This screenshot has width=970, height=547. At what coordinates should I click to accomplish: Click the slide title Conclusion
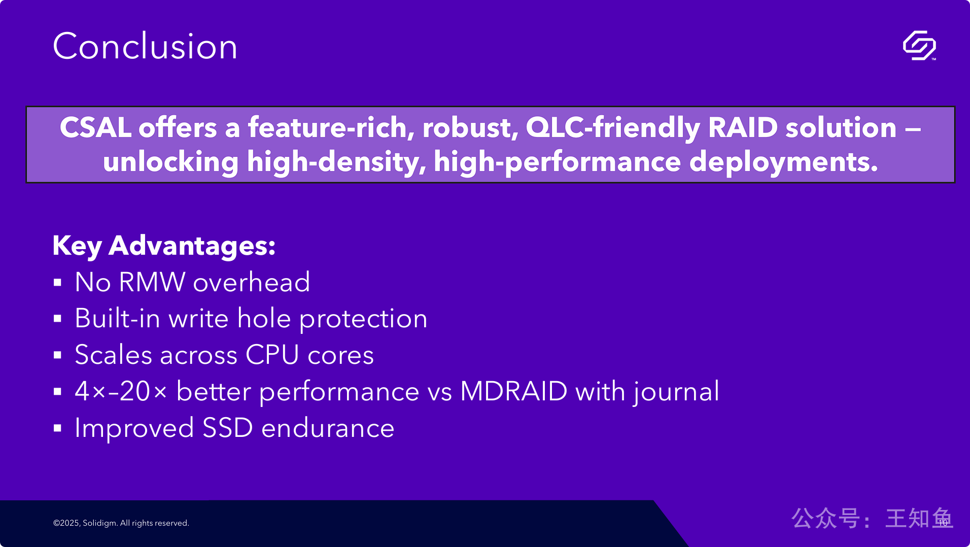pos(145,46)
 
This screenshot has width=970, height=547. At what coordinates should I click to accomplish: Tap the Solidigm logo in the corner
pos(919,46)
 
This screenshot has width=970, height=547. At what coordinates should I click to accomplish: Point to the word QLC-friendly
pos(613,128)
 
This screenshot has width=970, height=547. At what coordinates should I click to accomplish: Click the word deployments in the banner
pos(783,162)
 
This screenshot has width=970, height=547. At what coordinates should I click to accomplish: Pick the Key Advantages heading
pos(164,246)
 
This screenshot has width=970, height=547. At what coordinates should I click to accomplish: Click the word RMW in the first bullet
pos(152,282)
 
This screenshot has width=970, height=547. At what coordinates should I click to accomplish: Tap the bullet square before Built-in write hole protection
pos(57,319)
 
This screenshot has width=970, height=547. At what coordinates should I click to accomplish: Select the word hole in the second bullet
pos(264,318)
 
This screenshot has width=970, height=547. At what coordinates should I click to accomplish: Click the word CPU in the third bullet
pos(272,355)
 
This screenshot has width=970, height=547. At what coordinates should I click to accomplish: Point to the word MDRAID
pos(513,391)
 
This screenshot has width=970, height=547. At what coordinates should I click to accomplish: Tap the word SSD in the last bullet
pos(227,428)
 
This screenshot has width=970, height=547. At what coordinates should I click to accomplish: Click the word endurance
pos(328,428)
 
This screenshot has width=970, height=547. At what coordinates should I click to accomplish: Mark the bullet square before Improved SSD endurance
pos(57,428)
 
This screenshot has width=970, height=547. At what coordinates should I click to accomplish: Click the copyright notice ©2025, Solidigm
pos(85,523)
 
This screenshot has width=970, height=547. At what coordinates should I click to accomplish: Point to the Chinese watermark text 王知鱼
pos(919,519)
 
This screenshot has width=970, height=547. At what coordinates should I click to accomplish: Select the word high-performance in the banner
pos(557,162)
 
